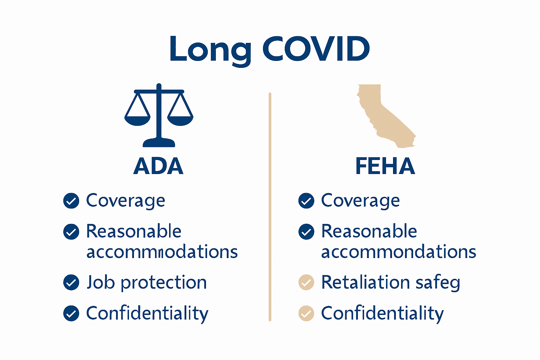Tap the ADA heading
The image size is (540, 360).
(x=159, y=166)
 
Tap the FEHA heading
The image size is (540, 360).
(x=385, y=166)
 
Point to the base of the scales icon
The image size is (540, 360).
(x=159, y=143)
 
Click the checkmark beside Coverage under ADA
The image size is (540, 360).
(x=71, y=201)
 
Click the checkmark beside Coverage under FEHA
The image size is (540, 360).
(x=306, y=201)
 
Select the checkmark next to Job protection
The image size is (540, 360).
(x=71, y=282)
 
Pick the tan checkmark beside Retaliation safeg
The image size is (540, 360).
(x=306, y=282)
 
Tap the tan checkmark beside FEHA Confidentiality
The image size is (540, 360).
(x=306, y=313)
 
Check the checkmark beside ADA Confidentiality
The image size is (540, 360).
(x=71, y=313)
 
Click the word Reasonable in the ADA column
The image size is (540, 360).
(x=134, y=231)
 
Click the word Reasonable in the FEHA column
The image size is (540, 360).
(x=369, y=231)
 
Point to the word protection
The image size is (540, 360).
(x=163, y=283)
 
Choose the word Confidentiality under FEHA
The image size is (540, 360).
(x=382, y=313)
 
